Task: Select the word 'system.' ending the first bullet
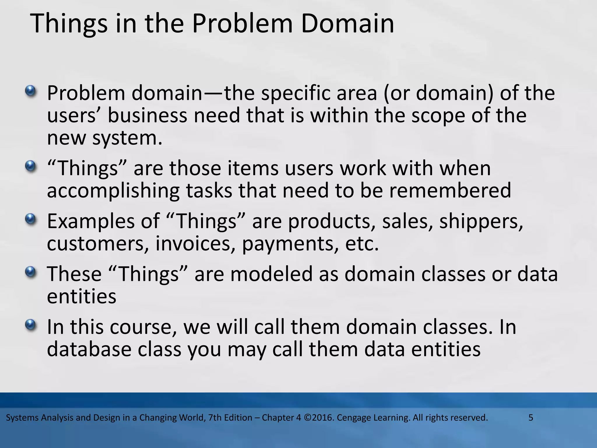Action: click(x=127, y=138)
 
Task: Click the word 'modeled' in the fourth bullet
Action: click(x=271, y=274)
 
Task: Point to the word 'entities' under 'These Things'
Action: click(x=82, y=297)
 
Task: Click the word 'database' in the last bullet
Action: click(x=89, y=349)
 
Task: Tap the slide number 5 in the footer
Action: click(x=531, y=418)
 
